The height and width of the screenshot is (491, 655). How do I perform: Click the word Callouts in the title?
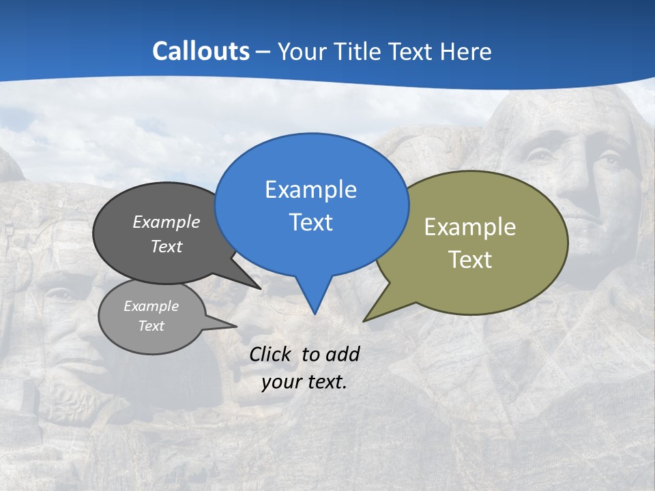tap(201, 51)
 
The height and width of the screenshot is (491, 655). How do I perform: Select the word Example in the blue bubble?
tap(310, 190)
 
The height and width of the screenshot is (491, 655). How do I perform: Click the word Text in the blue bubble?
tap(310, 222)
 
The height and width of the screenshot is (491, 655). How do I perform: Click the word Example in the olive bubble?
tap(470, 227)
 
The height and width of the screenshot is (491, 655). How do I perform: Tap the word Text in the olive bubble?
tap(470, 260)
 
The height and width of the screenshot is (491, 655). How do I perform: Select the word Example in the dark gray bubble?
tap(166, 222)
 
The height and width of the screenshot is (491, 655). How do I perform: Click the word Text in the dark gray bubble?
tap(166, 246)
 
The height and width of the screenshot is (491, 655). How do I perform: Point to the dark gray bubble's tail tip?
tap(259, 288)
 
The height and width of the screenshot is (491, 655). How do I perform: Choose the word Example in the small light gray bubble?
tap(151, 306)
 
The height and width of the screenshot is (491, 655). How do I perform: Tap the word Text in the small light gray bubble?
tap(151, 326)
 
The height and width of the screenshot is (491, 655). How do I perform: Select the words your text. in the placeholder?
tap(304, 382)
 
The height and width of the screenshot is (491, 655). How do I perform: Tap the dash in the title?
tap(264, 52)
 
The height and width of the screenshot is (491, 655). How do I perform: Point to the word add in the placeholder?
tap(343, 354)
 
